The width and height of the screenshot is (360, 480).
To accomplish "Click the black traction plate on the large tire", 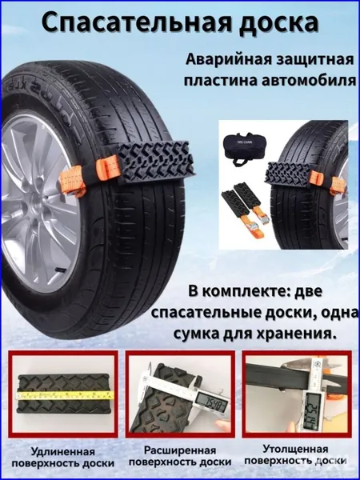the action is click(156, 162).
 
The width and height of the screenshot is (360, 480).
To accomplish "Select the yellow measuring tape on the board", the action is click(66, 395).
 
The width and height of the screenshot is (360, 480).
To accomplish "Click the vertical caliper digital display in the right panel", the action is click(313, 406).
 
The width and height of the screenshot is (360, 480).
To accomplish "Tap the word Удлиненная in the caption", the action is click(63, 451).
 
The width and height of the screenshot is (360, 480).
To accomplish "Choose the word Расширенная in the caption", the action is click(180, 450).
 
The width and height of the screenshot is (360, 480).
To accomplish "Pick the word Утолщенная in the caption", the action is click(295, 450).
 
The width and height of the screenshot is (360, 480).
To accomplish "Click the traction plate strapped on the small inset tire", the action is click(288, 173).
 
